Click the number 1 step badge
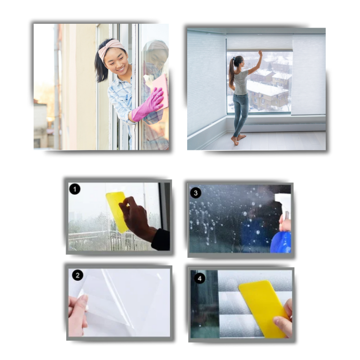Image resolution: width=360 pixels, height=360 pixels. [75, 189]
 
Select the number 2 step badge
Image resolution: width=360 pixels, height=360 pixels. [77, 275]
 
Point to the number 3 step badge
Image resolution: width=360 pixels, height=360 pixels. [196, 193]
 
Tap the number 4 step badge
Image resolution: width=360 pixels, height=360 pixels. [199, 279]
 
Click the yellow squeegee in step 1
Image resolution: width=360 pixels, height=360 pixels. [117, 211]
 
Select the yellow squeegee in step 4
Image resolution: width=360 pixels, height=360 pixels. [264, 308]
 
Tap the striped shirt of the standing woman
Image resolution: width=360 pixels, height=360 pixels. [241, 83]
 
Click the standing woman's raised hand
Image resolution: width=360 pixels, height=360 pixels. [260, 53]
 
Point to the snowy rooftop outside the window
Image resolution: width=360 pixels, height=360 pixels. [266, 88]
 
